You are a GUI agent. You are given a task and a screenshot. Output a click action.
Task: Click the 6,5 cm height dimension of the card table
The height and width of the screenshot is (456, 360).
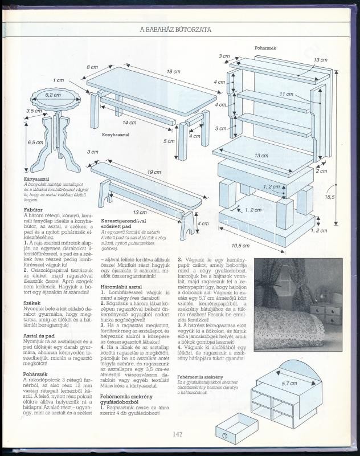click(x=35, y=142)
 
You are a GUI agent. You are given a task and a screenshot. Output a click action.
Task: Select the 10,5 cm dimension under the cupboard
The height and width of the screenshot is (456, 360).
click(x=257, y=245)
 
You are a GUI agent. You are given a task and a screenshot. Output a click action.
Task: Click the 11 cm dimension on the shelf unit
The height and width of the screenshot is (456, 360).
click(x=286, y=93)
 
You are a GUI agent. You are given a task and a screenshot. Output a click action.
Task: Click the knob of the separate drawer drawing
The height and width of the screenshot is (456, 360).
click(x=224, y=435)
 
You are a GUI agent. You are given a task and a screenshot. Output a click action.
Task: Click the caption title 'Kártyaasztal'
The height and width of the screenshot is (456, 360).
click(x=35, y=178)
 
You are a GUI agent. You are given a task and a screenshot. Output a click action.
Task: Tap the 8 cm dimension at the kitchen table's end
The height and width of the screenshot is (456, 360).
click(x=92, y=67)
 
